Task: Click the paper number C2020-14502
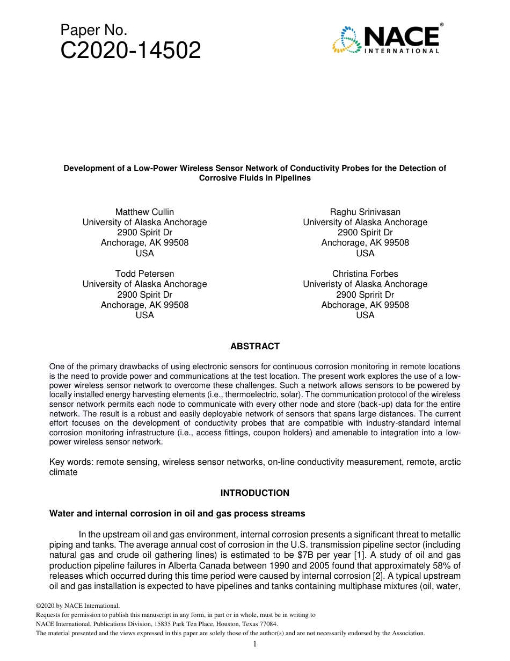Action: click(130, 51)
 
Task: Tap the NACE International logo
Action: click(387, 39)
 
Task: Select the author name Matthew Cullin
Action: click(144, 212)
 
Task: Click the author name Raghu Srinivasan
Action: click(365, 212)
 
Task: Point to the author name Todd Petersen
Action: click(144, 274)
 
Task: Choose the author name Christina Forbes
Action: click(365, 274)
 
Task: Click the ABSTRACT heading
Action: click(255, 347)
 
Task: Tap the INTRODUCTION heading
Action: click(255, 493)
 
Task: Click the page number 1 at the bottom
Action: click(255, 644)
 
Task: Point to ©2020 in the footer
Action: click(45, 606)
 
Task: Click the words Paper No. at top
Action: click(93, 30)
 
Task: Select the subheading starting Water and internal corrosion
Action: click(177, 513)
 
